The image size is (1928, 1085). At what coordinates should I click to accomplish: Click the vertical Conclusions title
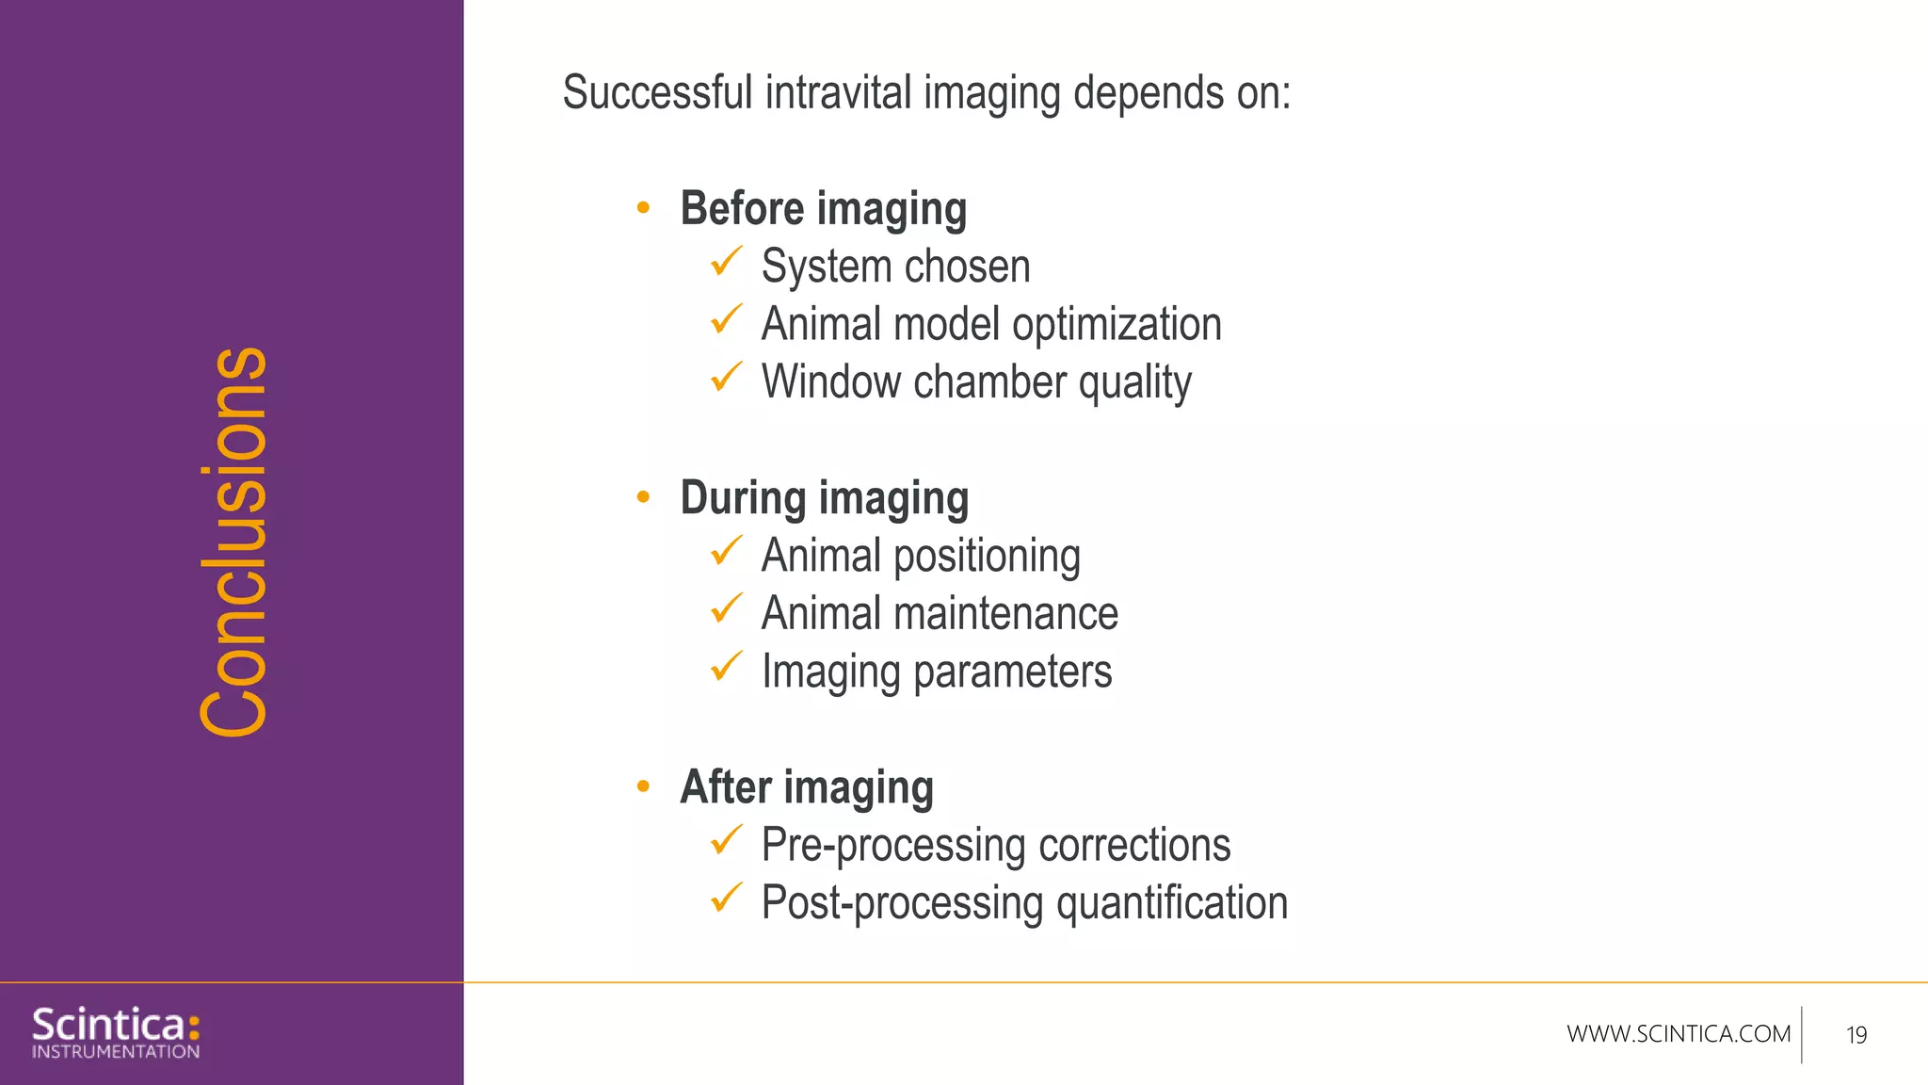pyautogui.click(x=234, y=542)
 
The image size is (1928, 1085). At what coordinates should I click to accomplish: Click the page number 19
pyautogui.click(x=1856, y=1035)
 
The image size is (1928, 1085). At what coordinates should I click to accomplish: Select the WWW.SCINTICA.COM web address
pyautogui.click(x=1678, y=1034)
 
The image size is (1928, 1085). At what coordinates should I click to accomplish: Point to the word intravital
pyautogui.click(x=838, y=93)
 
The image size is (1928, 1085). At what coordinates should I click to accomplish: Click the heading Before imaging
pyautogui.click(x=823, y=209)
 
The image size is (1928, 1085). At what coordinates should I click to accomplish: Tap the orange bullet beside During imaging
pyautogui.click(x=643, y=496)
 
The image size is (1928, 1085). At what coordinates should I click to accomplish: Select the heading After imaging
pyautogui.click(x=806, y=787)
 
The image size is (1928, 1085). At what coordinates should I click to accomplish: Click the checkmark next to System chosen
pyautogui.click(x=726, y=262)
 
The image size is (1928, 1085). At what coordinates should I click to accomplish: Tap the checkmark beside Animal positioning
pyautogui.click(x=726, y=551)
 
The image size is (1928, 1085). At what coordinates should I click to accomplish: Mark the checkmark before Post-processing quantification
pyautogui.click(x=726, y=899)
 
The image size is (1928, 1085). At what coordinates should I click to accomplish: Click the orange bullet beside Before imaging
pyautogui.click(x=643, y=207)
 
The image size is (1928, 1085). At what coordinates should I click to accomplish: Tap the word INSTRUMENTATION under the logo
pyautogui.click(x=116, y=1052)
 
